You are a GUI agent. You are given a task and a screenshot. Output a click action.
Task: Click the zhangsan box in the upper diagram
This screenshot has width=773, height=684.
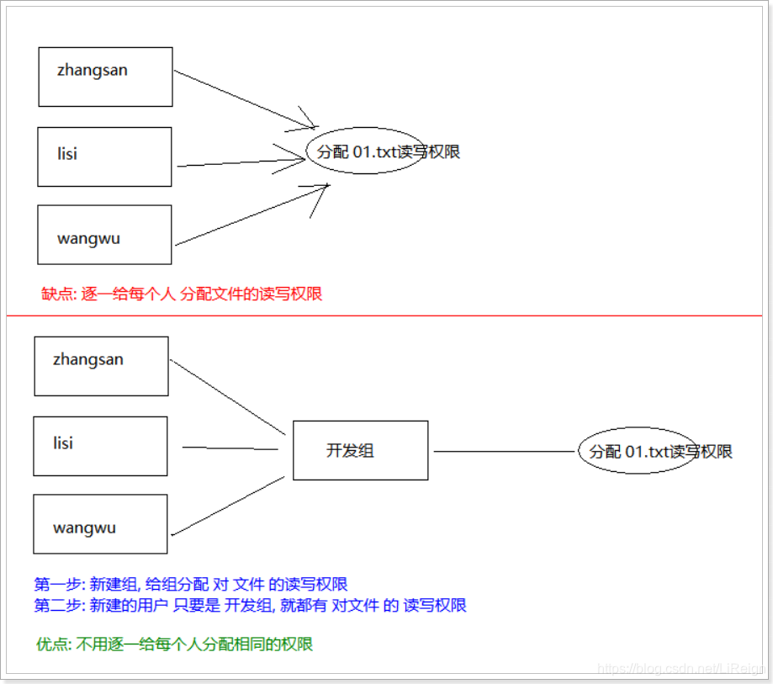pos(105,77)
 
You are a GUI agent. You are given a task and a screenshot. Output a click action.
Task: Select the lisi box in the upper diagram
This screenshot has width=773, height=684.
pos(104,156)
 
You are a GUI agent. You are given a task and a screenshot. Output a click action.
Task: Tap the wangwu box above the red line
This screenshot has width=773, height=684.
pos(104,235)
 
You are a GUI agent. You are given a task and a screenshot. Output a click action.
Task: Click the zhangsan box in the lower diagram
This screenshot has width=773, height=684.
pos(101,366)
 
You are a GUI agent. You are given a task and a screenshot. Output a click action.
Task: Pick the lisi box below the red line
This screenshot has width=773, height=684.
pos(100,446)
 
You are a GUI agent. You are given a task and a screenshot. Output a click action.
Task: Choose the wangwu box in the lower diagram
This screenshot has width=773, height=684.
pos(100,524)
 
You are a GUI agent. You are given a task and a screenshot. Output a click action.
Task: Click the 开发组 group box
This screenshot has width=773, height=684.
pos(360,450)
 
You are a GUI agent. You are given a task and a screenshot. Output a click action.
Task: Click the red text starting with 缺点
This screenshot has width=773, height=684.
pos(182,294)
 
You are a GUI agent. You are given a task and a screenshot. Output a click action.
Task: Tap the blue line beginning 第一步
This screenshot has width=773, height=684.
pos(191,584)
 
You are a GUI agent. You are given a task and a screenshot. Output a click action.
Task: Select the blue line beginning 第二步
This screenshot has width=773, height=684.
pos(250,605)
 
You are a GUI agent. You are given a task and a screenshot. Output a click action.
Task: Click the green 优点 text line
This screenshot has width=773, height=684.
pos(174,644)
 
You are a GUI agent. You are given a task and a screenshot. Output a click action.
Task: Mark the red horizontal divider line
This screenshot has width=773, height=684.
pos(387,315)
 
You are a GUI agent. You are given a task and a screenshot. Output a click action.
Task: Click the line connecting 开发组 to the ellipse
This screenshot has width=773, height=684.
pos(503,452)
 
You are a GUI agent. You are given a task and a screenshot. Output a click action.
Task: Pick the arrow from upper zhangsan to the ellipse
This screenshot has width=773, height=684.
pos(244,100)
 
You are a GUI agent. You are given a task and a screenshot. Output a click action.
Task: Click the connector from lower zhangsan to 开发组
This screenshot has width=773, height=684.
pos(225,396)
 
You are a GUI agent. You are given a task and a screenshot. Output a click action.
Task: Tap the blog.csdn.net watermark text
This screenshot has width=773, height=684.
pos(680,668)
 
